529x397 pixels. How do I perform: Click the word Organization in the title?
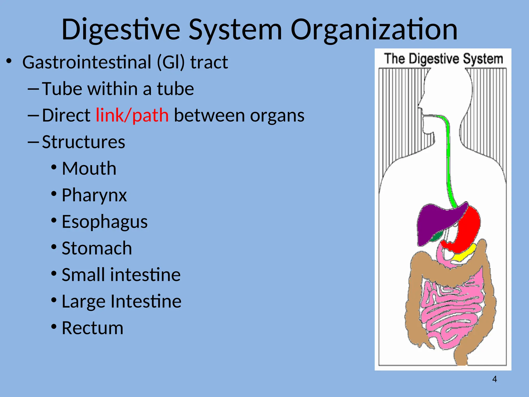click(x=374, y=30)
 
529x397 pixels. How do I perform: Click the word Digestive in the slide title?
click(x=121, y=30)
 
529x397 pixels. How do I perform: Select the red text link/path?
click(x=132, y=115)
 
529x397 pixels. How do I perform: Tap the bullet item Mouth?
click(x=89, y=169)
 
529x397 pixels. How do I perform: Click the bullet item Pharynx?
click(x=94, y=195)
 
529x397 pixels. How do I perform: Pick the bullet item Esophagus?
click(x=105, y=222)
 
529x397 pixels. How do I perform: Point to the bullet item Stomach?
click(x=97, y=248)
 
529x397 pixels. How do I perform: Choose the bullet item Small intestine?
click(x=121, y=275)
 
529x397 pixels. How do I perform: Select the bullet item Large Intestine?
click(x=121, y=301)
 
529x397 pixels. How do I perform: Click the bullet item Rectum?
click(x=92, y=328)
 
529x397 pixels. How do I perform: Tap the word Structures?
click(x=83, y=142)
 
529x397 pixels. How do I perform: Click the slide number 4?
click(x=494, y=379)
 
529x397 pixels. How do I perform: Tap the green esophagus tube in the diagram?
click(x=448, y=160)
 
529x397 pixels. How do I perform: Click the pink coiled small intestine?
click(x=449, y=310)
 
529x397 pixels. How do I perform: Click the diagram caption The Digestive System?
click(x=443, y=59)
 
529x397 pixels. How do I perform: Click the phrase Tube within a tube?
click(x=118, y=89)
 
